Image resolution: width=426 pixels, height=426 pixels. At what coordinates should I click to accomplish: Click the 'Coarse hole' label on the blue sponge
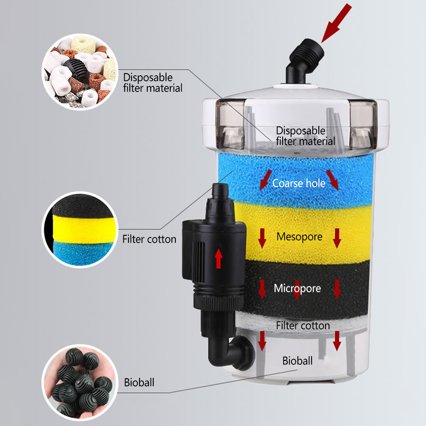[299, 183]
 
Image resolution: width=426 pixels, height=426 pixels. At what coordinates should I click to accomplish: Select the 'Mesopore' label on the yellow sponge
[300, 237]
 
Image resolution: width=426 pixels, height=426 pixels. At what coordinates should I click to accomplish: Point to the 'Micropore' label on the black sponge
[297, 289]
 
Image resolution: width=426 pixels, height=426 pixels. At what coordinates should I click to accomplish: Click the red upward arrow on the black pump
[219, 258]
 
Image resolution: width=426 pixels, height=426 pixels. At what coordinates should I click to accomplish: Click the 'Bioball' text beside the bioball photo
[139, 382]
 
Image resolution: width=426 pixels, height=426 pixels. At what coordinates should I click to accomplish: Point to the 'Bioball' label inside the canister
[297, 361]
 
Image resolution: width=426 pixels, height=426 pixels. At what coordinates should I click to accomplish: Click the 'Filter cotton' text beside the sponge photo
[149, 239]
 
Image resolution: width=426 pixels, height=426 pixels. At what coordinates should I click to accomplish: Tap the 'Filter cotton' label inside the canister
[303, 326]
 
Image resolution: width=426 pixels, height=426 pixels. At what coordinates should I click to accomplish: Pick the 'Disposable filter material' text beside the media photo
[153, 83]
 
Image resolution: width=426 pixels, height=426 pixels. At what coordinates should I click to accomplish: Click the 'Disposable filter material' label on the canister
[305, 135]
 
